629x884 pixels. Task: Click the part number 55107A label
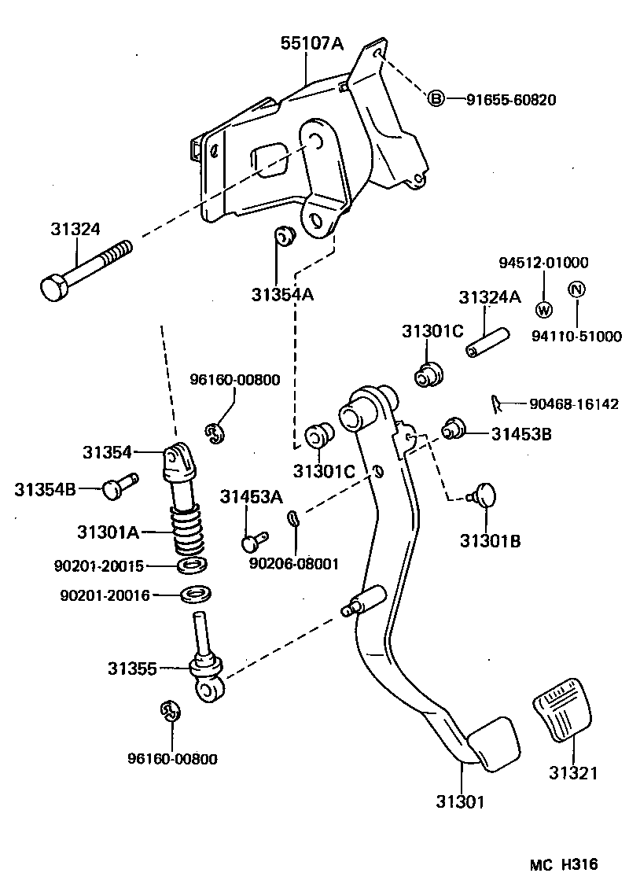[x=312, y=45]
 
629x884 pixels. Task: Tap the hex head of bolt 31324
[x=53, y=287]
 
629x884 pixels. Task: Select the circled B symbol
[x=436, y=99]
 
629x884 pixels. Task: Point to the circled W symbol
[x=543, y=308]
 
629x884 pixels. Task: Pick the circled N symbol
[x=576, y=289]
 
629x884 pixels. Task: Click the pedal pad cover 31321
[x=562, y=712]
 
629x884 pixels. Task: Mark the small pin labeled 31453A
[x=253, y=541]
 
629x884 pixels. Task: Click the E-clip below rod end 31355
[x=168, y=710]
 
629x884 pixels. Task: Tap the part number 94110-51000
[x=576, y=337]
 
